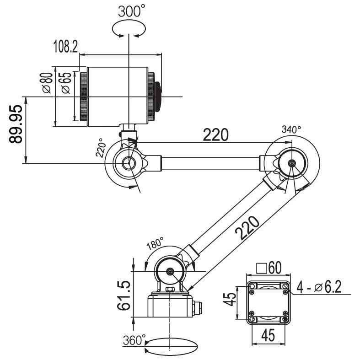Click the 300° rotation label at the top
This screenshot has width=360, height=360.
[132, 11]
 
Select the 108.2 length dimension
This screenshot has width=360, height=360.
[66, 46]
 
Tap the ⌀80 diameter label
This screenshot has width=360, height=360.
[48, 83]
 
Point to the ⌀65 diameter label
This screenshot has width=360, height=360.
[66, 83]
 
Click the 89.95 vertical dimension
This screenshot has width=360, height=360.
[16, 124]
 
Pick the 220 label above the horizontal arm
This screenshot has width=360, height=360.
[216, 134]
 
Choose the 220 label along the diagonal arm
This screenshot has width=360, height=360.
[247, 228]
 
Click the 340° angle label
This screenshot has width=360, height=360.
[291, 129]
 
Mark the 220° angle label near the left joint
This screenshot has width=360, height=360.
[101, 148]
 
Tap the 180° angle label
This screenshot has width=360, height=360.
[155, 244]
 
